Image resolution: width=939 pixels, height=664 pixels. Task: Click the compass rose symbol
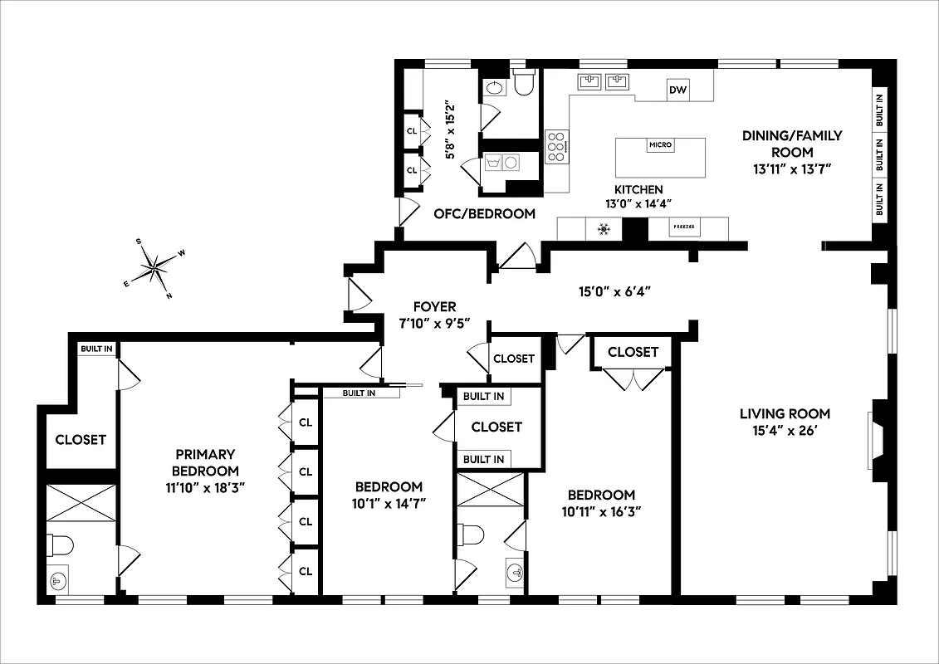click(154, 267)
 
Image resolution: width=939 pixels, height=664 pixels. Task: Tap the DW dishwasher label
click(677, 90)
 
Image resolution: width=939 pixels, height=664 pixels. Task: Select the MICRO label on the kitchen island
click(661, 145)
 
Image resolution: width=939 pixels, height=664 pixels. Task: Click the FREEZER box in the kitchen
click(684, 227)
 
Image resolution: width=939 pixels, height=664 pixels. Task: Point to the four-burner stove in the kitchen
click(558, 146)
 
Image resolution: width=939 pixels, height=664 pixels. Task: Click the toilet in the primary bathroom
click(60, 545)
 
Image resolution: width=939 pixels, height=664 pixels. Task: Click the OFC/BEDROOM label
click(485, 213)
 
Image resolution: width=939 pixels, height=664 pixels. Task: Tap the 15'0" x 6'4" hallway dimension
click(614, 291)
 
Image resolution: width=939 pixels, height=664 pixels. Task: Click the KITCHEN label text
click(638, 189)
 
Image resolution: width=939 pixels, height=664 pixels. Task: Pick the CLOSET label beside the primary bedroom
click(81, 439)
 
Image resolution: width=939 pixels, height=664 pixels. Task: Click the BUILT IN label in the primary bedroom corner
click(96, 349)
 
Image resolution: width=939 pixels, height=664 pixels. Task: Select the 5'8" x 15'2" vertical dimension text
click(451, 130)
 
